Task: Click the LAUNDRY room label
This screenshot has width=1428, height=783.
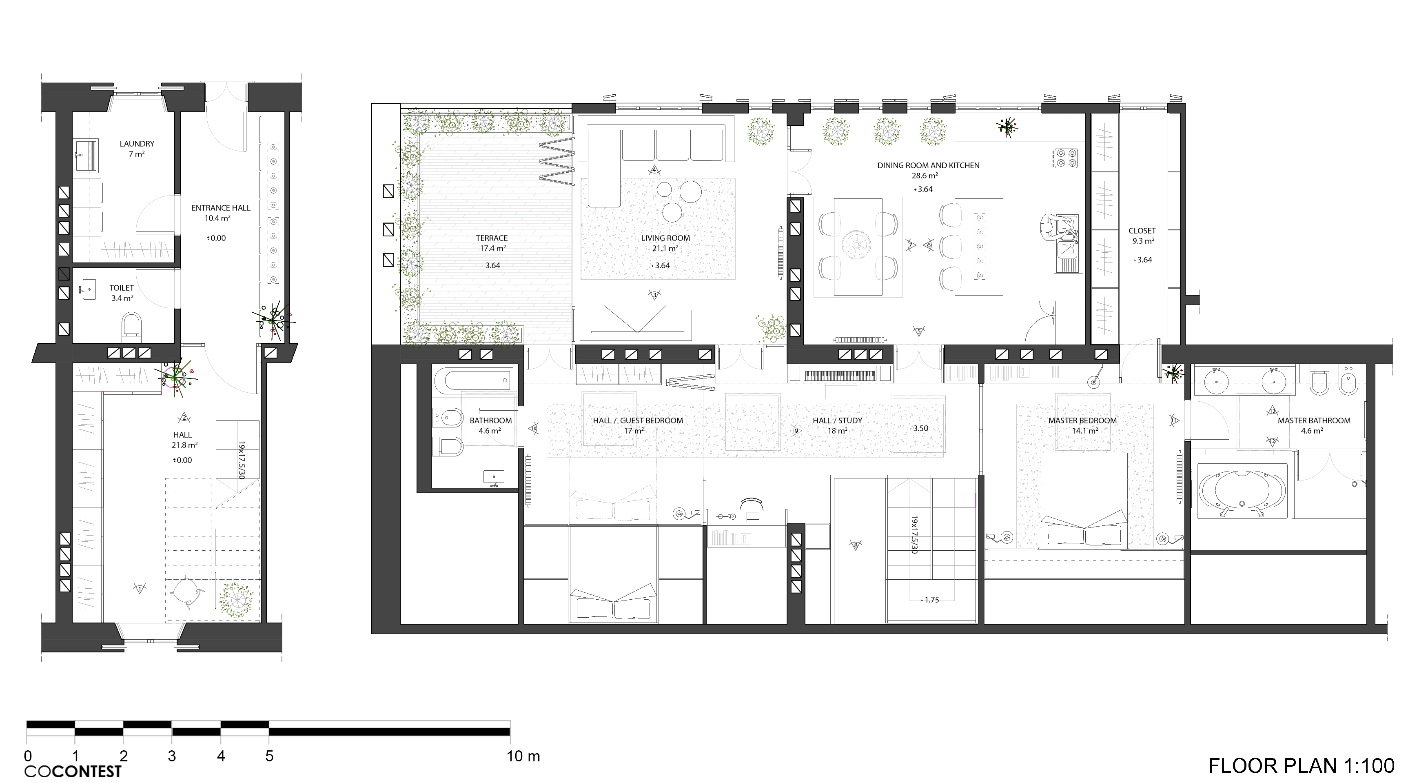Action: pyautogui.click(x=137, y=144)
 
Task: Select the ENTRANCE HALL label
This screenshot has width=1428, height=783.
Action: pyautogui.click(x=221, y=208)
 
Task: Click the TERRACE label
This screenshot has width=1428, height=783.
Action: pyautogui.click(x=492, y=238)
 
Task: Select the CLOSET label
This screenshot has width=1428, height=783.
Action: pyautogui.click(x=1142, y=231)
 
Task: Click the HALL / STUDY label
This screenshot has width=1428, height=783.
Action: pyautogui.click(x=837, y=421)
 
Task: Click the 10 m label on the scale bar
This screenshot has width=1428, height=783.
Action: pyautogui.click(x=523, y=756)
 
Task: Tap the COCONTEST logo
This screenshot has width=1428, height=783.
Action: pyautogui.click(x=73, y=771)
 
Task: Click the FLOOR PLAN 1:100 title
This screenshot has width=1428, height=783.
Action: pyautogui.click(x=1301, y=766)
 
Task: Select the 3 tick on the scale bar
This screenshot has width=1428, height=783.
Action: pyautogui.click(x=172, y=756)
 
